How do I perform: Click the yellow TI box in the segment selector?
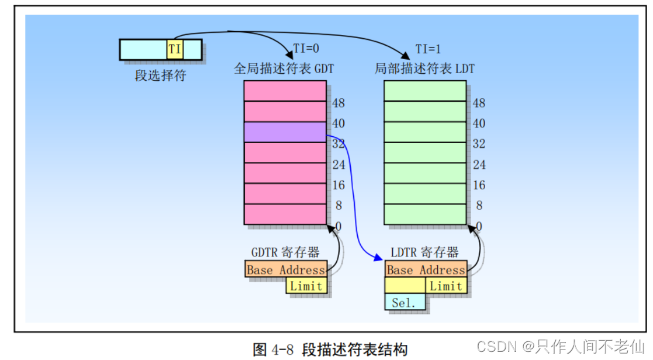coord(175,49)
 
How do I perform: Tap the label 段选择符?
coord(160,76)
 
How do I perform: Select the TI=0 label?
coord(306,49)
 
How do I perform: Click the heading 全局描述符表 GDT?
coord(284,68)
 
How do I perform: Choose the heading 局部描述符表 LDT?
coord(424,68)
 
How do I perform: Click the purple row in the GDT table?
coord(285,132)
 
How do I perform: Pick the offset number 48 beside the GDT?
coord(338,103)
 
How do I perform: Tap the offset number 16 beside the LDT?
coord(479,185)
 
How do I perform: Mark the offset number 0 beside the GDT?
coord(338,226)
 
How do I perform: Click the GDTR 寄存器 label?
coord(285,252)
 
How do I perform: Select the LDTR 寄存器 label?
coord(425,252)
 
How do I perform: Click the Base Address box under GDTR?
coord(285,270)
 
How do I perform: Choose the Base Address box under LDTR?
coord(426,270)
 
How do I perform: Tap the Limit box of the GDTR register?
coord(306,286)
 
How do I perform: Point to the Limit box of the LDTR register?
coord(446,286)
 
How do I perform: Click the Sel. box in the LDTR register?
coord(405,302)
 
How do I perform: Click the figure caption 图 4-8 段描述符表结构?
coord(330,349)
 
